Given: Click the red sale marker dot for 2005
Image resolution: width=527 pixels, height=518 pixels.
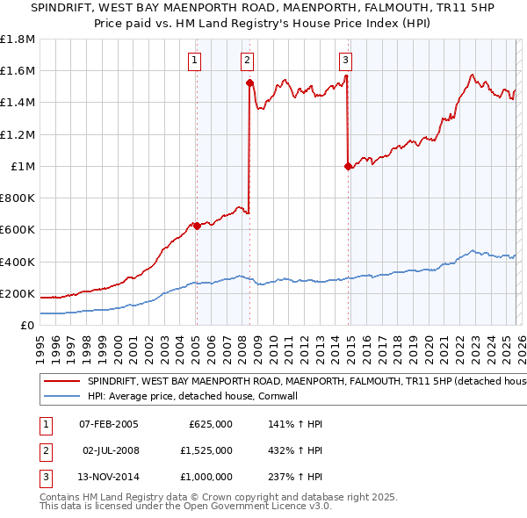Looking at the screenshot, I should click(x=197, y=226).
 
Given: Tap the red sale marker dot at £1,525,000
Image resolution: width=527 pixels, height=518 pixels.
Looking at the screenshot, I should click(x=249, y=83).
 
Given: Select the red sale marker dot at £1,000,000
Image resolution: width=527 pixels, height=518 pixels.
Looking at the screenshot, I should click(x=349, y=166).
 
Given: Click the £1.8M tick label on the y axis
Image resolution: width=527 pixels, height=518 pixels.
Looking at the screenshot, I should click(x=18, y=40).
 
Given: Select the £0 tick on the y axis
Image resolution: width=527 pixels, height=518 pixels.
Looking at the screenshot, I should click(x=26, y=326).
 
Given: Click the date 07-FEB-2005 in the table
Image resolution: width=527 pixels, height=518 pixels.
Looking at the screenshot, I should click(x=109, y=424).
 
